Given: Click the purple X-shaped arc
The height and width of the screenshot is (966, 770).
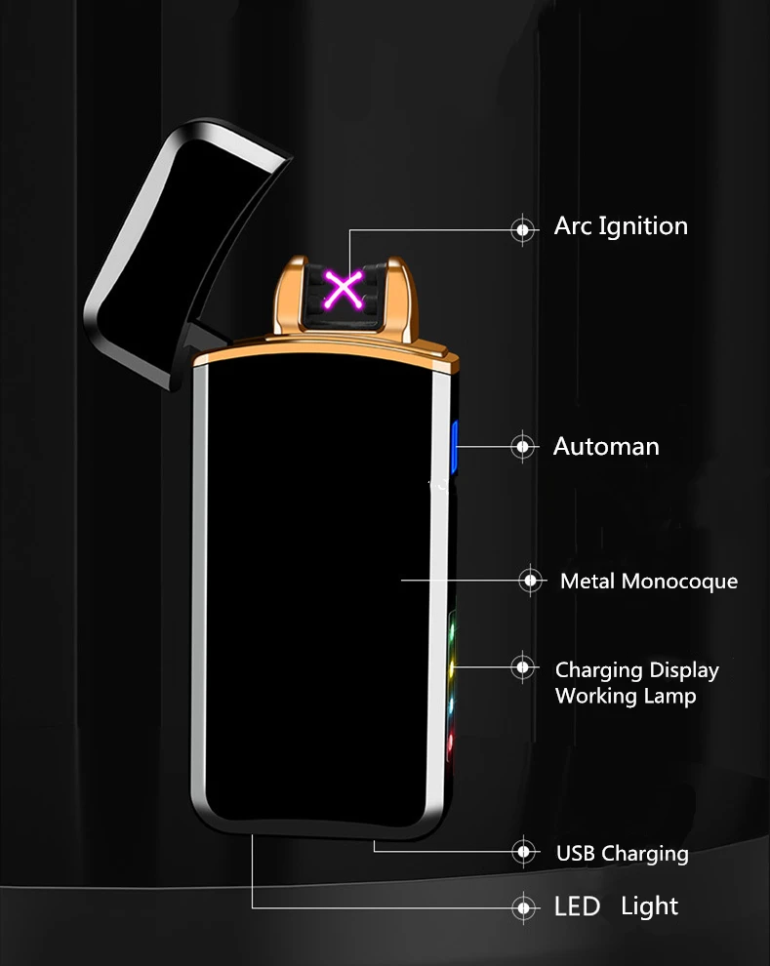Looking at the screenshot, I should (344, 289).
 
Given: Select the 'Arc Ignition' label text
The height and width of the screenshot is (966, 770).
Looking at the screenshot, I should (621, 226).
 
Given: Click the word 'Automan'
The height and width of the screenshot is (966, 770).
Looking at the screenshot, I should (606, 447).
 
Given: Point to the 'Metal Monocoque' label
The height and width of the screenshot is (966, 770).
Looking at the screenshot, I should (648, 582).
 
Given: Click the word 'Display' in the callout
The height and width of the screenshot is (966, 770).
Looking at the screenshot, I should (684, 670).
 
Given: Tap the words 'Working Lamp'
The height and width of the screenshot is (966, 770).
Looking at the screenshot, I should (626, 697).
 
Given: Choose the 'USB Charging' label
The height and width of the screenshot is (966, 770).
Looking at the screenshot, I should (622, 854).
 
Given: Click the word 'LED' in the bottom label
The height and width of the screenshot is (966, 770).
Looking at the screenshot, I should (577, 906).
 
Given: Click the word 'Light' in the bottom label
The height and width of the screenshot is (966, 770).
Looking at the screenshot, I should (649, 906).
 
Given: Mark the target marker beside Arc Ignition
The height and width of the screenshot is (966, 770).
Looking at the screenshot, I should (524, 229).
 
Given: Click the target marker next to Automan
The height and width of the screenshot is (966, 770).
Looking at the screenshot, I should (524, 447).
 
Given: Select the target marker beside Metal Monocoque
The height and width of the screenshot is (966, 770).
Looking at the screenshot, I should (531, 581).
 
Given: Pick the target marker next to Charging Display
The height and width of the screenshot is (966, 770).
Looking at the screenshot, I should (524, 668).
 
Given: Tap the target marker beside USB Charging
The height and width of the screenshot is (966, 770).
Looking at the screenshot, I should (525, 852).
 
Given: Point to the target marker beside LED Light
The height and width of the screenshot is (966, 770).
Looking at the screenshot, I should (525, 907).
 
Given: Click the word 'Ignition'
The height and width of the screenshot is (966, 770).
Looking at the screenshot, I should (642, 226).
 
